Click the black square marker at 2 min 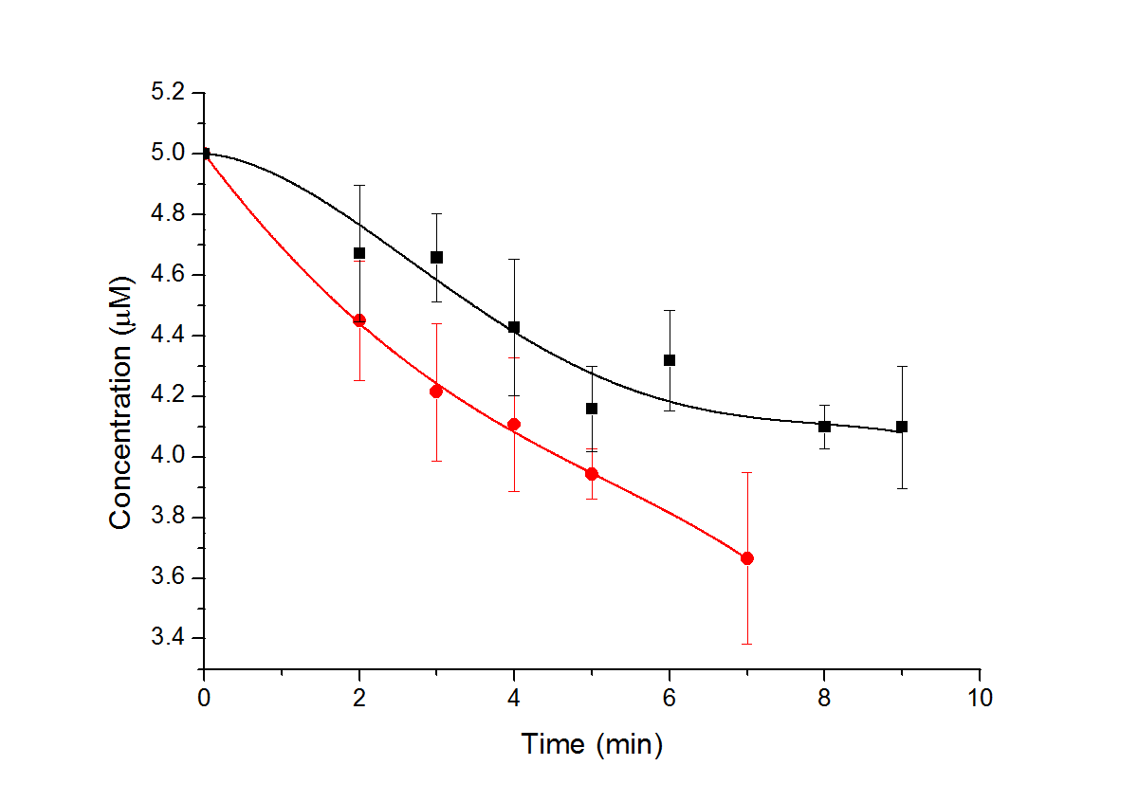359,253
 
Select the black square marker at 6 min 670,360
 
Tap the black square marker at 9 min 902,427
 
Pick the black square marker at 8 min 824,427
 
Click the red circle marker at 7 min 747,558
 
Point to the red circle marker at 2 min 359,320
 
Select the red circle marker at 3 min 436,392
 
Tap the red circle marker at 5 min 592,474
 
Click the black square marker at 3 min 436,257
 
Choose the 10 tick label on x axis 979,699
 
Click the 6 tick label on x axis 670,699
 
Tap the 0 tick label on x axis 204,699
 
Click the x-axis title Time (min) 592,745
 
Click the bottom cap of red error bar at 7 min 747,645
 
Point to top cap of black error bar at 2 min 359,186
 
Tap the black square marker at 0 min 205,154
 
